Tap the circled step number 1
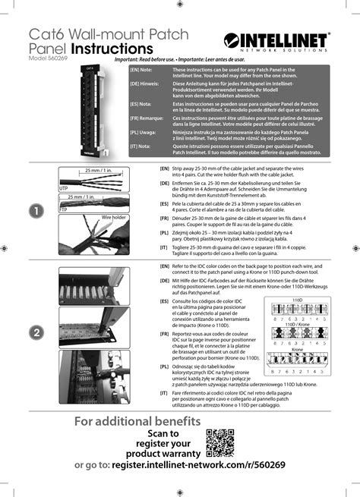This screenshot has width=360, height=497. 33,212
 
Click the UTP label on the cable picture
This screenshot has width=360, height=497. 64,187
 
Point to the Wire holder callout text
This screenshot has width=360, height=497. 113,216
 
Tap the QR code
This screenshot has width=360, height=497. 221,443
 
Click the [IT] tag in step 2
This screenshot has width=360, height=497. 164,393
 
